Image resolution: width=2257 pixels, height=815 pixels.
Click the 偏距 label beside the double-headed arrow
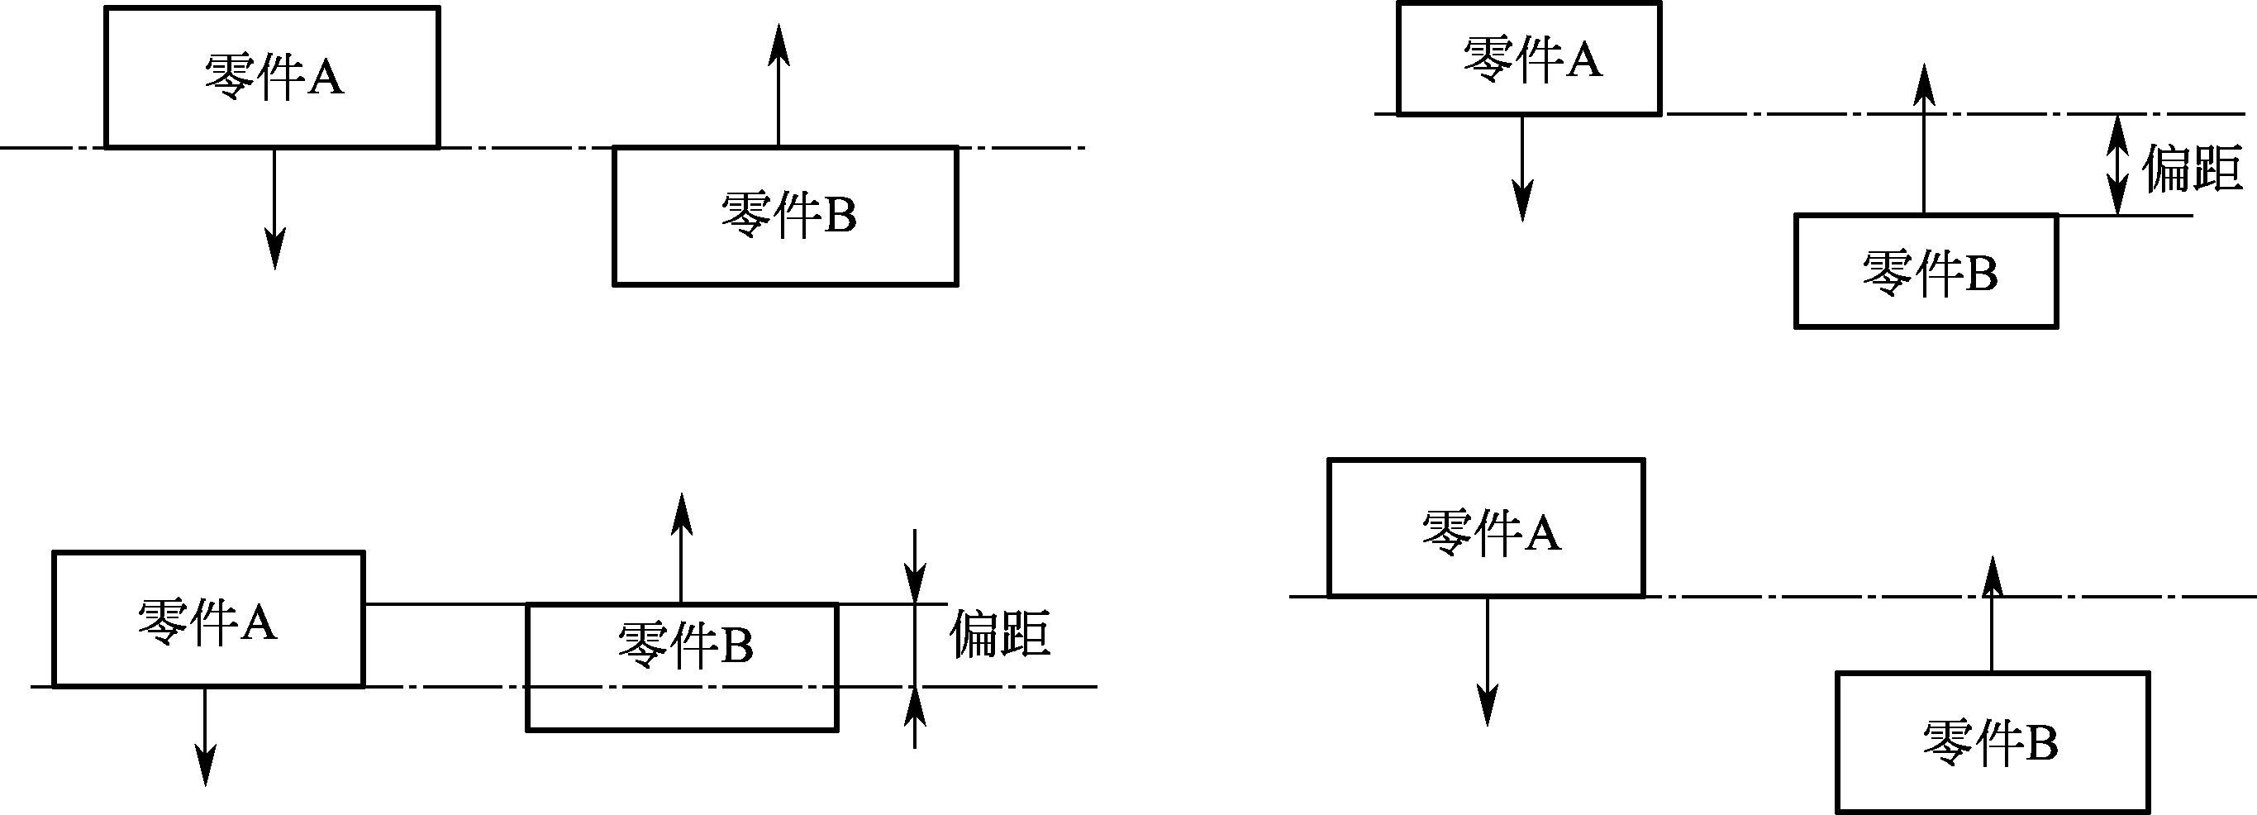pos(2193,169)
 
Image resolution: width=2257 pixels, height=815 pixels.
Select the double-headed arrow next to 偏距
pos(2117,164)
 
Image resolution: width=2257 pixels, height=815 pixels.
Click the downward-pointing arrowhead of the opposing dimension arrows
pos(915,583)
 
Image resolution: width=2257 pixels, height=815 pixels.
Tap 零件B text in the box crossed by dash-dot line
pos(685,646)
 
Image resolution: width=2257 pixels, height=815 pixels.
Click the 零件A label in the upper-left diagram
pos(274,77)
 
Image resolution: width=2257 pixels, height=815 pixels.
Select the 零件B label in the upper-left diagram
pos(788,215)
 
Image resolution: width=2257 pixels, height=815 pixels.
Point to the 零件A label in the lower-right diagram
pos(1490,532)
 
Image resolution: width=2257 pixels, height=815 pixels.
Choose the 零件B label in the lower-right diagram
pos(1990,743)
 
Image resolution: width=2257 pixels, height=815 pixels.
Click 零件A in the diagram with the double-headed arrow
pos(1532,60)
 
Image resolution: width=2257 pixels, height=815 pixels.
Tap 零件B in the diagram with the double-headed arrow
pos(1931,273)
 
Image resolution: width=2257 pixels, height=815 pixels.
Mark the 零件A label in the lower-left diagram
pos(207,622)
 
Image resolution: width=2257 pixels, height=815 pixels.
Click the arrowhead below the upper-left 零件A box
pos(275,251)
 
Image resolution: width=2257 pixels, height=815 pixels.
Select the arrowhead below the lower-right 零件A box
pos(1487,708)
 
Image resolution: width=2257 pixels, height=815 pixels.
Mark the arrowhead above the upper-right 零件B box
pos(1924,84)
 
